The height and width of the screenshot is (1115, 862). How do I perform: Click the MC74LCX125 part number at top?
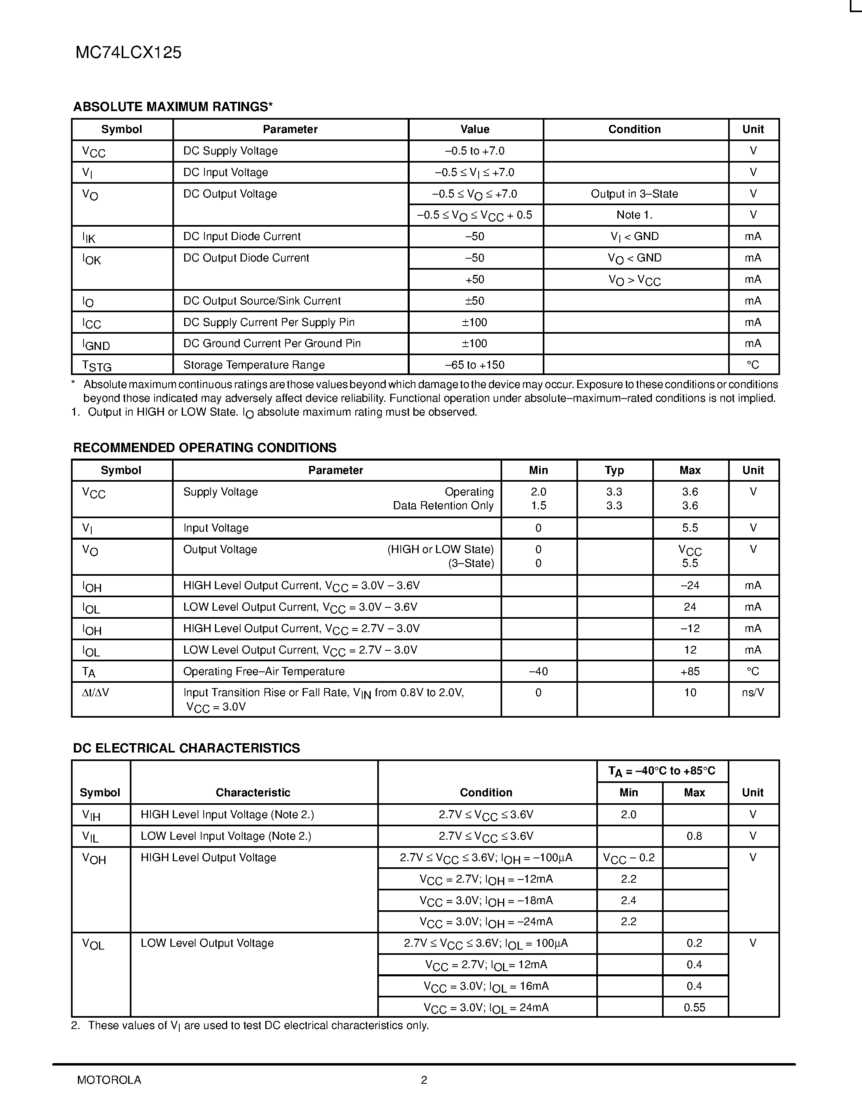[x=128, y=53]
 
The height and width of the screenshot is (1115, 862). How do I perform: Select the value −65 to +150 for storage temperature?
[x=475, y=365]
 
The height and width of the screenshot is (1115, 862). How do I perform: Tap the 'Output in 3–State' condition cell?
[x=634, y=194]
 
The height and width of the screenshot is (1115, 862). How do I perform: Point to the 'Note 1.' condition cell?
[x=634, y=215]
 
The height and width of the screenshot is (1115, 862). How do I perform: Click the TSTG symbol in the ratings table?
[x=97, y=366]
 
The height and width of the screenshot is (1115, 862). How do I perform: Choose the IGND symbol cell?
[x=96, y=345]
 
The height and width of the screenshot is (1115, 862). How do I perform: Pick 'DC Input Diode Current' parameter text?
[x=241, y=236]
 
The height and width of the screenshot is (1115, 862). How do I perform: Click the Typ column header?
[x=614, y=470]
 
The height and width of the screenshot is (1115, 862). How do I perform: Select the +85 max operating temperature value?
[x=690, y=671]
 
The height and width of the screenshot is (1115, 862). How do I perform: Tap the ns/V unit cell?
[x=753, y=693]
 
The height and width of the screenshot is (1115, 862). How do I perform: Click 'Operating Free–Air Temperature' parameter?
[x=264, y=671]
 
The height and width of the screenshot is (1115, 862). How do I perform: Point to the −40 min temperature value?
[x=538, y=671]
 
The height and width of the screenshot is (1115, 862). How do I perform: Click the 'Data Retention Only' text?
[x=443, y=506]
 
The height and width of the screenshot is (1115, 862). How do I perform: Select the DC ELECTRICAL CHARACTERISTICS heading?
[x=186, y=748]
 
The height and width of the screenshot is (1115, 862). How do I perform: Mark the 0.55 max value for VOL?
[x=694, y=1007]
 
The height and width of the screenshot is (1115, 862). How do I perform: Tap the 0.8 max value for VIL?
[x=694, y=836]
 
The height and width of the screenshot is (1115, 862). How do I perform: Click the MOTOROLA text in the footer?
[x=109, y=1080]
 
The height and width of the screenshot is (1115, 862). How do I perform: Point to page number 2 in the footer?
[x=424, y=1080]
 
